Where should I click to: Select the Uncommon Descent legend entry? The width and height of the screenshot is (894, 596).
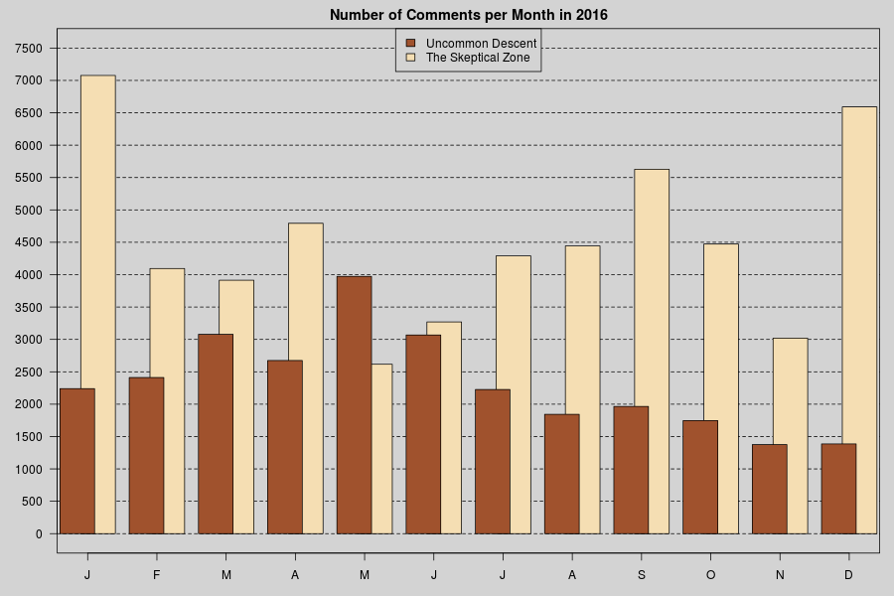click(x=481, y=44)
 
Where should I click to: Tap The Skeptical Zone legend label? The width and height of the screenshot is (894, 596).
click(x=478, y=59)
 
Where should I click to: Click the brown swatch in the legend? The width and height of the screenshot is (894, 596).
click(x=410, y=44)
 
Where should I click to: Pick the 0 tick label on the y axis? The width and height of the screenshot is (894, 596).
click(x=39, y=534)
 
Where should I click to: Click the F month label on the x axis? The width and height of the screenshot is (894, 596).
click(x=157, y=576)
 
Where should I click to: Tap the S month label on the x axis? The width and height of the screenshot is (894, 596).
click(x=641, y=576)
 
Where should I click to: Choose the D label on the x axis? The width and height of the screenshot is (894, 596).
click(x=848, y=576)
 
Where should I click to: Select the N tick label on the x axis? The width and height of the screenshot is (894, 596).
click(x=780, y=576)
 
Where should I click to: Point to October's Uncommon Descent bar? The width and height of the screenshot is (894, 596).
click(x=700, y=477)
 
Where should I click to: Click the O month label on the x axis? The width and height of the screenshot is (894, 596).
click(x=710, y=576)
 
